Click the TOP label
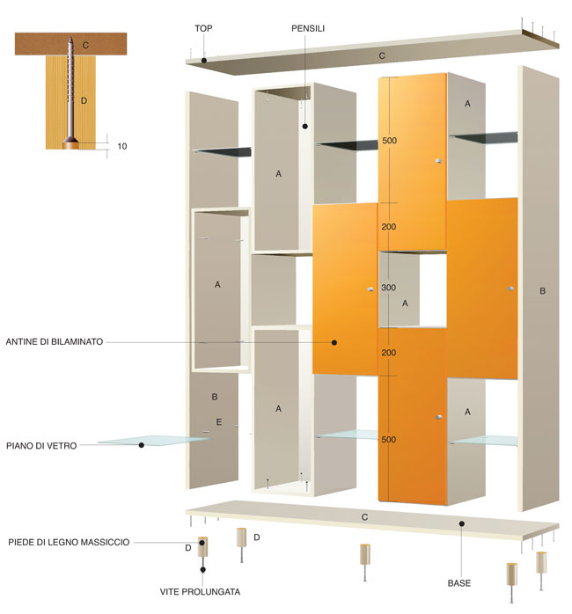(x=203, y=28)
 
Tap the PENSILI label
(x=308, y=28)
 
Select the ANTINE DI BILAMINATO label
(x=55, y=341)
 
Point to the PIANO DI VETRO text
(x=41, y=446)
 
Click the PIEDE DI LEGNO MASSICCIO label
(x=69, y=542)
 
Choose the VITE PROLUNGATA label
(x=201, y=591)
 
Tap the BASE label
(x=459, y=583)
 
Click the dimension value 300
(x=389, y=288)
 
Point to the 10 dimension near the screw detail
(x=122, y=146)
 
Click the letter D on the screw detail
(x=84, y=100)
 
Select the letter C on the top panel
(x=382, y=56)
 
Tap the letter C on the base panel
(x=364, y=517)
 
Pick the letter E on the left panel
(x=219, y=421)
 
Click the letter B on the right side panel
(x=543, y=291)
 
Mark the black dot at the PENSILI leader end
(x=305, y=126)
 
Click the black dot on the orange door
(x=334, y=342)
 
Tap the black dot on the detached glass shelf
(x=142, y=445)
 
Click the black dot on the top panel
(x=204, y=61)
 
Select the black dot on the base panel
(x=462, y=523)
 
